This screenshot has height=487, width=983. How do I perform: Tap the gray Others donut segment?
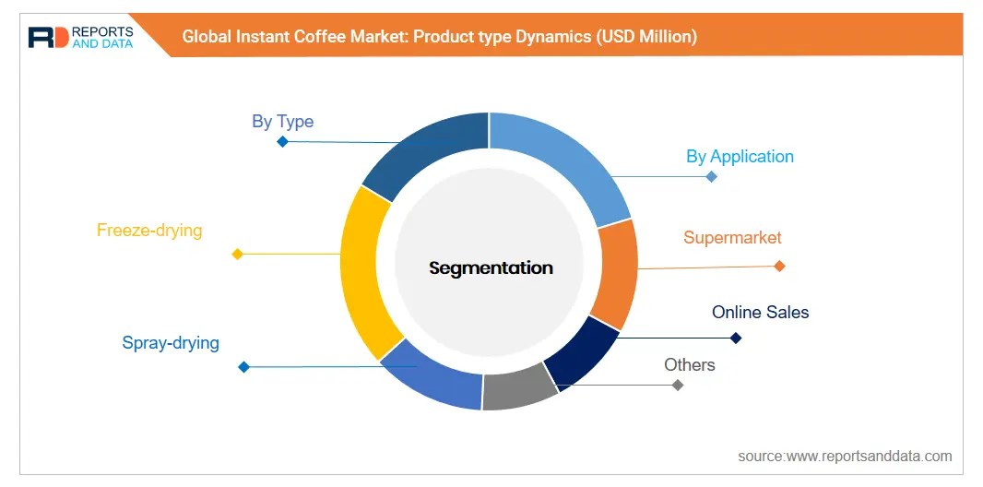point(518,388)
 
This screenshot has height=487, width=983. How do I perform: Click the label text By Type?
point(282,122)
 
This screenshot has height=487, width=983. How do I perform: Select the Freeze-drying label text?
point(149,230)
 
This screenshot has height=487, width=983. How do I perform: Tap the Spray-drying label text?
point(171,343)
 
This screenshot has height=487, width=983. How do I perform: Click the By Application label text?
point(740,156)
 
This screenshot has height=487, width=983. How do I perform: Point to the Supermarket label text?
point(732,237)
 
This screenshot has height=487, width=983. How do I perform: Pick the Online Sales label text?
point(760,312)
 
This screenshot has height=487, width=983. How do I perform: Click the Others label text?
point(689,364)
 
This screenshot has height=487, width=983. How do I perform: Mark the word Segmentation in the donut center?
point(491,268)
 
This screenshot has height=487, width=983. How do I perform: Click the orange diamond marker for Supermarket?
point(779,266)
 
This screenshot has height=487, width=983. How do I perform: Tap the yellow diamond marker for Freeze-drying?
point(237,254)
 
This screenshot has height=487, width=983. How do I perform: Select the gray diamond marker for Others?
point(678,385)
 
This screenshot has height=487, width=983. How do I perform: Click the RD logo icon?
point(47,37)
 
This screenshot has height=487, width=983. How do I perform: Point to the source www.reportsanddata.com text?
point(844,456)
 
